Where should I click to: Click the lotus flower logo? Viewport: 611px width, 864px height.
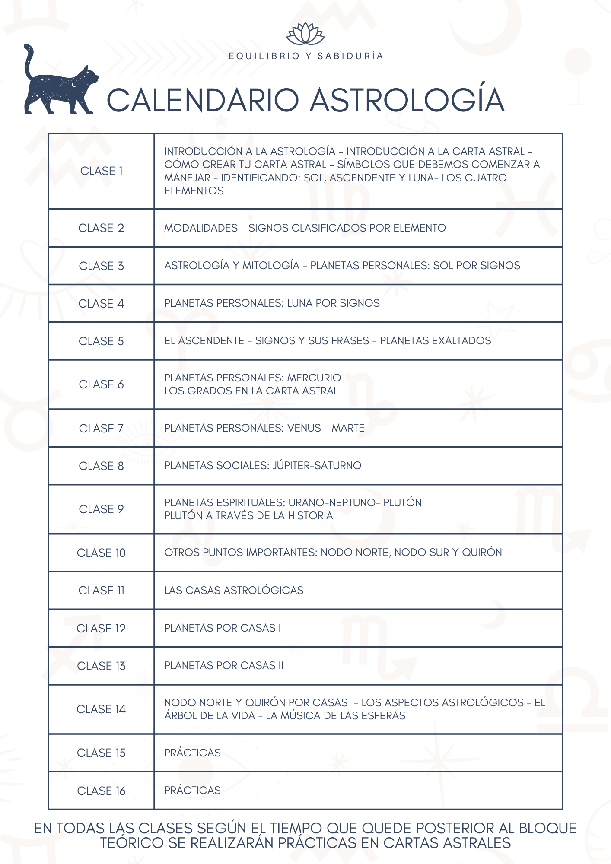pos(305,34)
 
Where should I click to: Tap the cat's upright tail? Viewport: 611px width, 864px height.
pos(29,60)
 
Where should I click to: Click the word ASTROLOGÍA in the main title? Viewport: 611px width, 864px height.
pos(407,100)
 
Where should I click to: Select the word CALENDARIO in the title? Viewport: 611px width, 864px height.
pos(203,100)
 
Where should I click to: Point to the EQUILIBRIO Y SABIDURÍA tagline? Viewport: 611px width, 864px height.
pos(305,56)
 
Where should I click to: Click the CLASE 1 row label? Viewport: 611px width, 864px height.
pos(102,171)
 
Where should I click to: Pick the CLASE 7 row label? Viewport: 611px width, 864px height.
pos(101,428)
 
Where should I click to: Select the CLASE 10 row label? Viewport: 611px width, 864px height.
pos(101,553)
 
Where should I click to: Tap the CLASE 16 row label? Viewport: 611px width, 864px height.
pos(101,791)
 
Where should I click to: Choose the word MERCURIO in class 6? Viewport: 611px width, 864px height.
pos(314,378)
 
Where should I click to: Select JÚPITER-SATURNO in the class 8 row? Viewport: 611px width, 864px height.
pos(317,465)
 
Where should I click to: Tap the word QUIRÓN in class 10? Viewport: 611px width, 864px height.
pos(482,552)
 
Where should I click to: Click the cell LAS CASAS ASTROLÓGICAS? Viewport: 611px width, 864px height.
pos(234,590)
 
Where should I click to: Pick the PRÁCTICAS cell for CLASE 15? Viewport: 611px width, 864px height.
pos(192,753)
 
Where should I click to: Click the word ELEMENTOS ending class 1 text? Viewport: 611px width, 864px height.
pos(194,191)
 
